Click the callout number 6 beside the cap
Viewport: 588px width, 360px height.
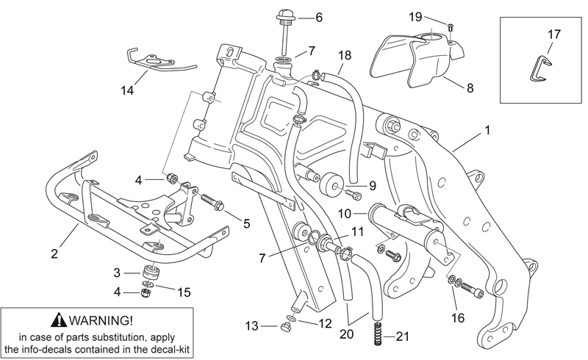coord(319,17)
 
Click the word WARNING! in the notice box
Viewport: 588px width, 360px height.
coord(101,320)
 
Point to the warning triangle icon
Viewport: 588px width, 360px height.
coord(60,320)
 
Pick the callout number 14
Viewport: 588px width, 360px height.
coord(127,90)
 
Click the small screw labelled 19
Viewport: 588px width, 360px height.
coord(451,28)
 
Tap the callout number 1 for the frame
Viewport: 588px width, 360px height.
coord(487,130)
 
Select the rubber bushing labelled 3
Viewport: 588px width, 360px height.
coord(151,273)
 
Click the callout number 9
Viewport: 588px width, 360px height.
coord(372,186)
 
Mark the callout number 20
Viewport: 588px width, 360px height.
coord(346,334)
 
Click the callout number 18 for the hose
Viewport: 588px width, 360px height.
coord(344,56)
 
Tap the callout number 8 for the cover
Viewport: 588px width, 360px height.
coord(470,88)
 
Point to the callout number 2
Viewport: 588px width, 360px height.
coord(54,254)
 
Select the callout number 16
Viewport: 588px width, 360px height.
coord(457,318)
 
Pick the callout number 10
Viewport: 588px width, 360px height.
coord(345,214)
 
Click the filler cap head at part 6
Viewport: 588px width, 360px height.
coord(286,16)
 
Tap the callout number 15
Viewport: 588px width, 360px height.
coord(184,292)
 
